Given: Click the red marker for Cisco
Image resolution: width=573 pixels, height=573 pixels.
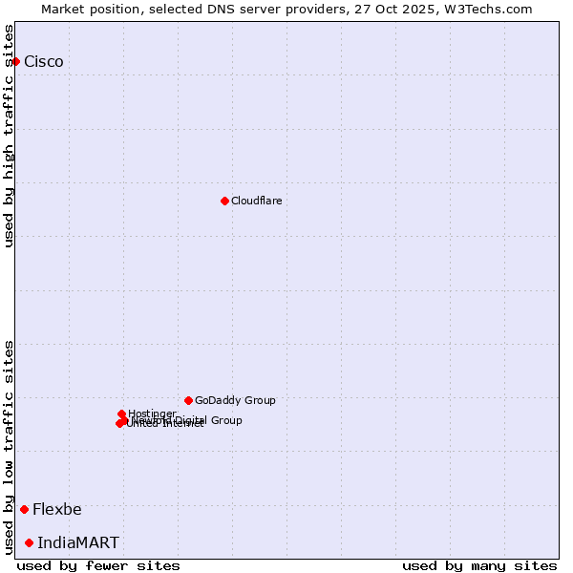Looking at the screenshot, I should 15,61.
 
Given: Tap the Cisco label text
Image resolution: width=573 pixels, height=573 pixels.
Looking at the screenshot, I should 44,62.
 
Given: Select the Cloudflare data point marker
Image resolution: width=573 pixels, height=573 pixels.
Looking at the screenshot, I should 224,201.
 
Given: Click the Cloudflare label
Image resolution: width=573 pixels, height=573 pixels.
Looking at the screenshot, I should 256,201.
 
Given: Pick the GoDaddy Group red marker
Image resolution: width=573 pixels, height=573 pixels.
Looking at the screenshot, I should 188,400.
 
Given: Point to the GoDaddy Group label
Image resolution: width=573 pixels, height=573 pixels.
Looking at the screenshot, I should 235,400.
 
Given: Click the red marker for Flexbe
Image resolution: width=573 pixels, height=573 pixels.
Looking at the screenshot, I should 24,509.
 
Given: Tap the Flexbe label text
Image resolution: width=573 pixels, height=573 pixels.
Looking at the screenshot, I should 57,509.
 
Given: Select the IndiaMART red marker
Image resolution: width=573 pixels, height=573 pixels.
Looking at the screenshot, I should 29,542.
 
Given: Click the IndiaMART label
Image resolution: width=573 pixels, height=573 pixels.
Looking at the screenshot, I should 78,542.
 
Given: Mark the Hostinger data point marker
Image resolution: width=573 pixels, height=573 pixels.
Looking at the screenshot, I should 121,414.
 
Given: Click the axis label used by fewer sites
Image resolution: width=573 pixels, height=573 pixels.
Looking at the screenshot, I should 98,565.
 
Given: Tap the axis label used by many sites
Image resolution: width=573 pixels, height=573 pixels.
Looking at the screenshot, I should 479,565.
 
